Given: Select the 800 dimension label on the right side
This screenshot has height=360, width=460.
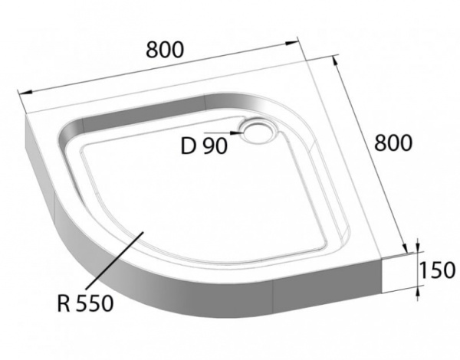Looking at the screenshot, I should (x=394, y=142).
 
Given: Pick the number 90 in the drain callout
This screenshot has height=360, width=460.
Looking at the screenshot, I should (x=215, y=146).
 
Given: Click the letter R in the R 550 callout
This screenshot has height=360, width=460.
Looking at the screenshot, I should (x=67, y=304).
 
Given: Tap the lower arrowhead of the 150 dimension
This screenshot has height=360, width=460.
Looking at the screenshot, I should (x=417, y=290).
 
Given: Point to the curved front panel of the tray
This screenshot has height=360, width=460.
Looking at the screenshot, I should (x=192, y=295).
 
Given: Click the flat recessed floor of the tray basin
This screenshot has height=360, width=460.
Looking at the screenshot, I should (x=192, y=191).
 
